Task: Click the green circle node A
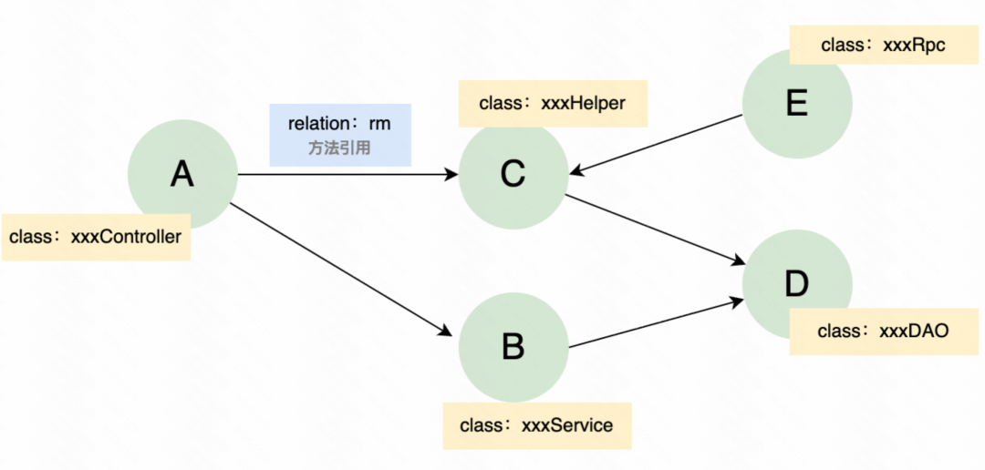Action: coord(182,174)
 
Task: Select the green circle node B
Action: coord(513,346)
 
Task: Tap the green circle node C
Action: coord(513,174)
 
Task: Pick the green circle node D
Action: coord(796,284)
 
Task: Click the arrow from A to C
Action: coord(347,174)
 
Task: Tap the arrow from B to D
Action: coord(652,322)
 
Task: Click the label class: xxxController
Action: coord(96,237)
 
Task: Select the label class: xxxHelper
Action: coord(553,103)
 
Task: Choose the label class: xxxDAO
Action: coord(884,332)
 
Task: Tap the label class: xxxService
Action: coord(537,425)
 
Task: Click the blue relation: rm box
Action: coord(340,134)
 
